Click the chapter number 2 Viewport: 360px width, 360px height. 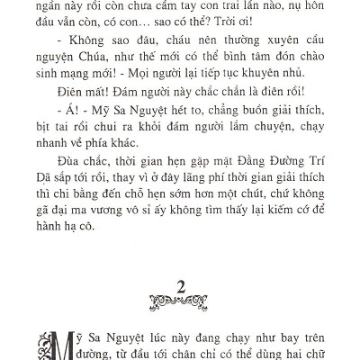(181, 288)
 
